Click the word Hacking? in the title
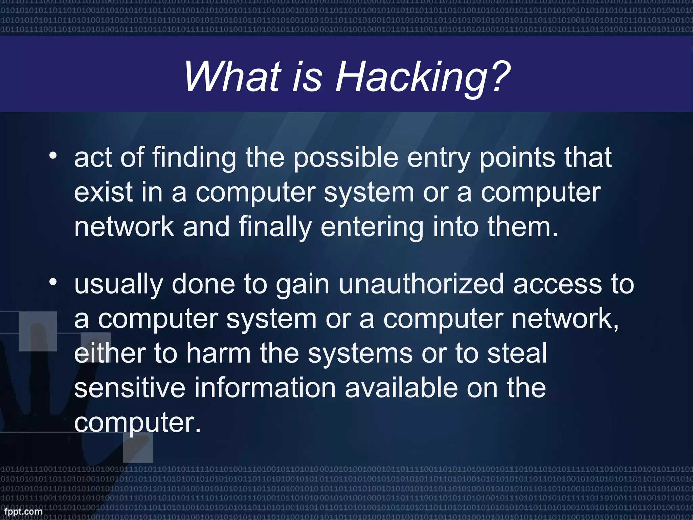423,77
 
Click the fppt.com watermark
23,511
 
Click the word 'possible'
345,158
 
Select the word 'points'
517,158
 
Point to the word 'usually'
118,285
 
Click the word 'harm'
219,353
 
